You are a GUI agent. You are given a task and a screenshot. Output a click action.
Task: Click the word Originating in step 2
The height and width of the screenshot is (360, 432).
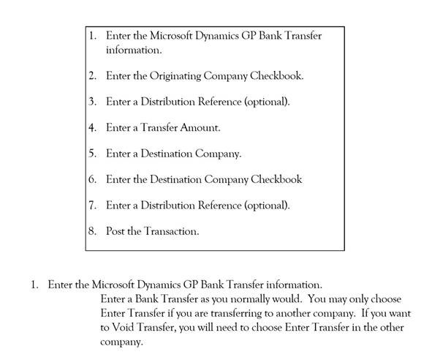pos(175,76)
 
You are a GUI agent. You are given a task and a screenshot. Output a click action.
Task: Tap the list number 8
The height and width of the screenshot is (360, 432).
pos(92,231)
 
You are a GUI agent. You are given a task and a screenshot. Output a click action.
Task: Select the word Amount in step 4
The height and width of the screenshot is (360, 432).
pos(200,127)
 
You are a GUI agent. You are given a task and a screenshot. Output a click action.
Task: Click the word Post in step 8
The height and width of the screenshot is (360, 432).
pos(115,231)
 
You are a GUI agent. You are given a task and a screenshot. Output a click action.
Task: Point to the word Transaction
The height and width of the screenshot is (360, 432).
pos(171,231)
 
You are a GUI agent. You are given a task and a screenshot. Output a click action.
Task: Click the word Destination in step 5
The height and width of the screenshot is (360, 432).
pos(167,154)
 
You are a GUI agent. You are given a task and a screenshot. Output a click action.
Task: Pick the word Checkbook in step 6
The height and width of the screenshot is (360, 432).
pos(276,179)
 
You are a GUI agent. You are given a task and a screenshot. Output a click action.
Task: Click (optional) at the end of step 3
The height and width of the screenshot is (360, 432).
pos(267,102)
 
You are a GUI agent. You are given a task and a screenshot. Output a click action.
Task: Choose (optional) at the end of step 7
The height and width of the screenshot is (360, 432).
pos(267,206)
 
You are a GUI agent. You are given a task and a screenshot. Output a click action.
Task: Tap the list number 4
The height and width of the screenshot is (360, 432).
pos(92,127)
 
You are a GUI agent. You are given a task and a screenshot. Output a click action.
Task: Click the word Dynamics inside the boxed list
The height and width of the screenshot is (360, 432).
pos(217,36)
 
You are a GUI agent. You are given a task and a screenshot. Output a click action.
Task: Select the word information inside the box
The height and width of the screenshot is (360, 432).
pos(134,50)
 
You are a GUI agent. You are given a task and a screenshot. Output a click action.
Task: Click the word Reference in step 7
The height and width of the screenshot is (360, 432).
pos(219,205)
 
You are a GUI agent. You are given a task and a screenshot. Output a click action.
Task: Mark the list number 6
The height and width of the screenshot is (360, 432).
pos(92,179)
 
